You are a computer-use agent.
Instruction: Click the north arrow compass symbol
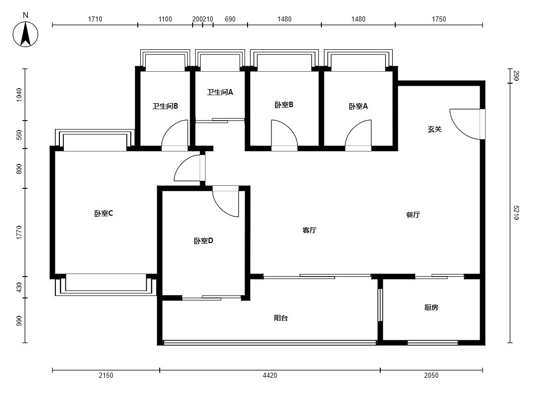(25, 34)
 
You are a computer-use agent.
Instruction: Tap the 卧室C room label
(104, 214)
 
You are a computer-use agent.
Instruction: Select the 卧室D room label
(204, 241)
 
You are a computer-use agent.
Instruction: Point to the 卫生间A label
(220, 92)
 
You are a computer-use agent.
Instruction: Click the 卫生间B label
(165, 106)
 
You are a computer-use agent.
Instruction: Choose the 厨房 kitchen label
(431, 307)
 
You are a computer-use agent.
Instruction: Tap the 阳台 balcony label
(281, 318)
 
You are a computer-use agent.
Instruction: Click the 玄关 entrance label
(435, 130)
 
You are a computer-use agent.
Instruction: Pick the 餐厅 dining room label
(413, 215)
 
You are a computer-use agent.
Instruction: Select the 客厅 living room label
(309, 230)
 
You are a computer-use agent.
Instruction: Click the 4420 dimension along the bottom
(270, 375)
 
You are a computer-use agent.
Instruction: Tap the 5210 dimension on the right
(516, 213)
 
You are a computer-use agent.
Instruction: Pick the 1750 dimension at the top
(439, 19)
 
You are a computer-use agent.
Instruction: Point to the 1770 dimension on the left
(19, 232)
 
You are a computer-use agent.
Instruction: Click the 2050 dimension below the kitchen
(431, 375)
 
